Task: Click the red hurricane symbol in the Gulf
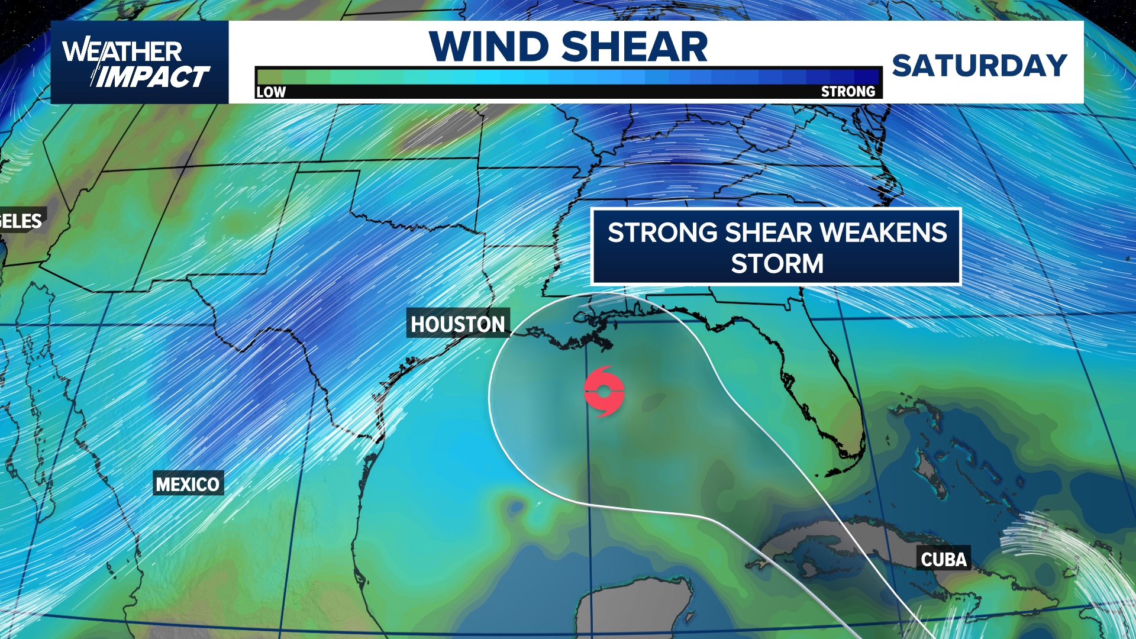pyautogui.click(x=603, y=392)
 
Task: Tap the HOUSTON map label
pyautogui.click(x=457, y=324)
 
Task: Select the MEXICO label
pyautogui.click(x=188, y=484)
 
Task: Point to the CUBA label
pyautogui.click(x=943, y=559)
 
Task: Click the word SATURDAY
pyautogui.click(x=979, y=65)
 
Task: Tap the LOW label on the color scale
pyautogui.click(x=271, y=92)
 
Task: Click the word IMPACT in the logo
pyautogui.click(x=152, y=77)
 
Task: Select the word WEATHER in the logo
pyautogui.click(x=122, y=51)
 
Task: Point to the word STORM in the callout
pyautogui.click(x=777, y=263)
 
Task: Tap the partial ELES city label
pyautogui.click(x=21, y=221)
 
